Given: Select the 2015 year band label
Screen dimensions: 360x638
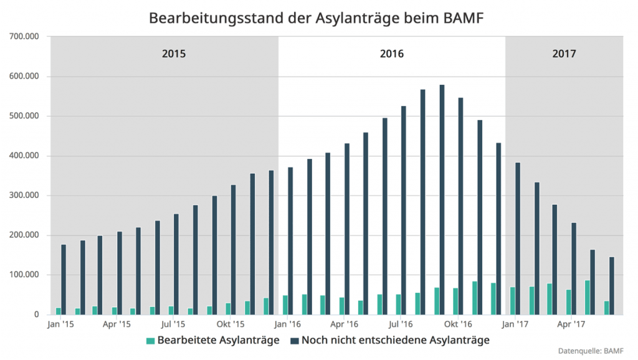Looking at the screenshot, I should pos(174,54).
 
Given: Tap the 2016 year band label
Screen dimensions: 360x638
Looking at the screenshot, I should pos(392,54).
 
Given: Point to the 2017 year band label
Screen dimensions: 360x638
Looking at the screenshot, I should pos(564,54).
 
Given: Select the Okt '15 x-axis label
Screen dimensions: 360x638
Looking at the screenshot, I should pos(230,324).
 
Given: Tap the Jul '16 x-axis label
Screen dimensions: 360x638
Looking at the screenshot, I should pos(400,324).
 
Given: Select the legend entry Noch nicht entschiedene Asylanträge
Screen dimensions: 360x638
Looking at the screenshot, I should pos(389,340).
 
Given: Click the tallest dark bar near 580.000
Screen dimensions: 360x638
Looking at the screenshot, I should pos(442,199).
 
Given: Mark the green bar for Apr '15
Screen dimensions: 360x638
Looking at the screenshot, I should pos(115,310).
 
